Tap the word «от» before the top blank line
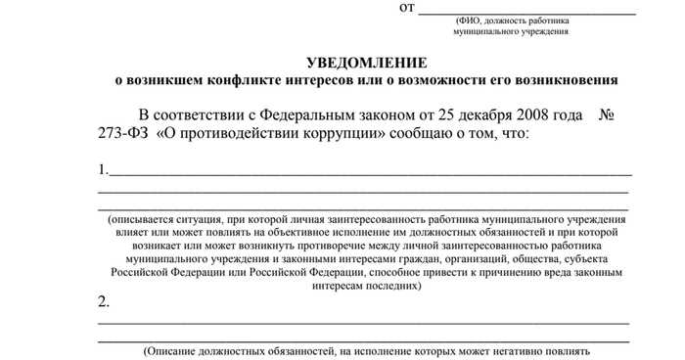(x=407, y=8)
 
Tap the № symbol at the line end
(x=605, y=115)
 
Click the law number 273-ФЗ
(x=122, y=133)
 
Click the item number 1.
(x=103, y=169)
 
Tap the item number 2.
(x=104, y=300)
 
